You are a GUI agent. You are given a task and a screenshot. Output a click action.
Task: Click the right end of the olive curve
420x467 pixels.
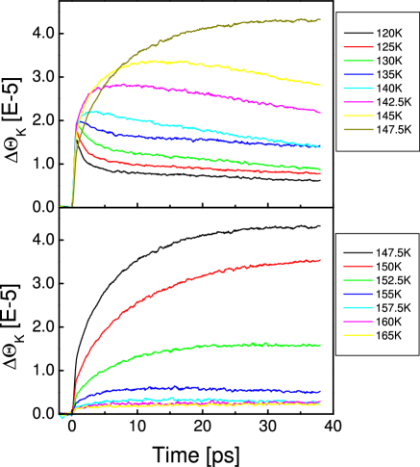pyautogui.click(x=320, y=19)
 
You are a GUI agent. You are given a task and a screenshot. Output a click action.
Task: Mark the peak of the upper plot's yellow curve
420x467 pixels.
pyautogui.click(x=154, y=62)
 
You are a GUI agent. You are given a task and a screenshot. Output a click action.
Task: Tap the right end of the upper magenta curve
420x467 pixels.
pyautogui.click(x=320, y=112)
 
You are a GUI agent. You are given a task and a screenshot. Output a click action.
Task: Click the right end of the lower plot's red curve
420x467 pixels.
pyautogui.click(x=320, y=260)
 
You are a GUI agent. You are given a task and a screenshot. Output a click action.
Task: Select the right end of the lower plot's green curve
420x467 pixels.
pyautogui.click(x=320, y=344)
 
